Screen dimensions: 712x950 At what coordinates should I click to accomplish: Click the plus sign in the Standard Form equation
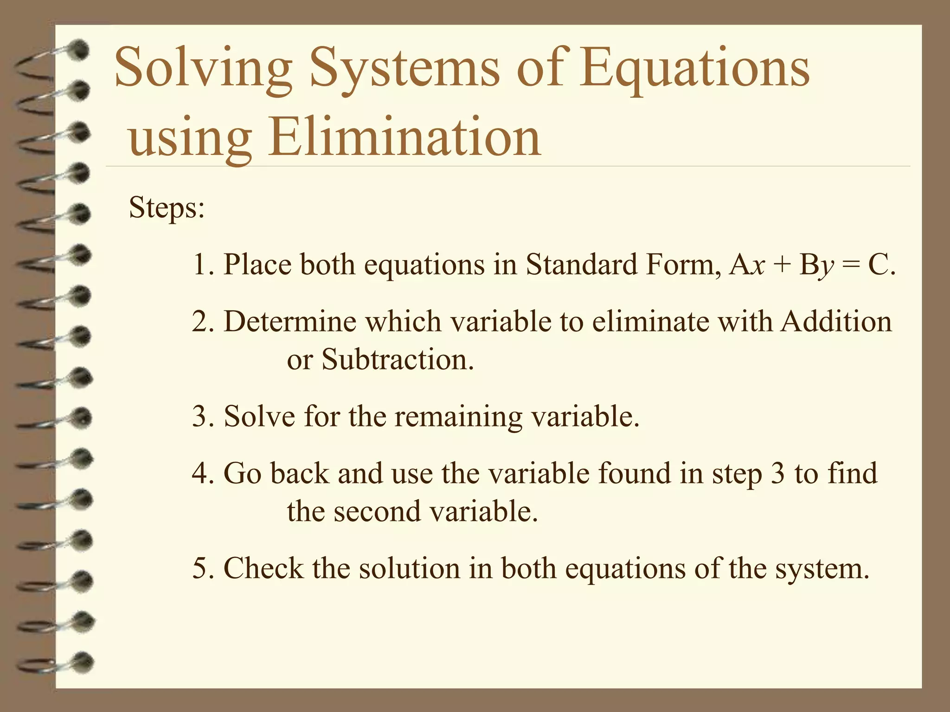pos(782,266)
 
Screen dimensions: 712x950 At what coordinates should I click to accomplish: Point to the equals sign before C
pos(851,266)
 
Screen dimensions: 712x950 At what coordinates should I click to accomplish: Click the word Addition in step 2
pos(836,321)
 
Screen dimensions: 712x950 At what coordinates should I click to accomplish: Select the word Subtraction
pos(398,359)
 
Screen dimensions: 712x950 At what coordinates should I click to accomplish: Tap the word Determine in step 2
pos(290,321)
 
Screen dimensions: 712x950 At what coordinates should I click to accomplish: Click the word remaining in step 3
pos(458,416)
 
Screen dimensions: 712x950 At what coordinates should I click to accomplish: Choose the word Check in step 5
pos(263,568)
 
